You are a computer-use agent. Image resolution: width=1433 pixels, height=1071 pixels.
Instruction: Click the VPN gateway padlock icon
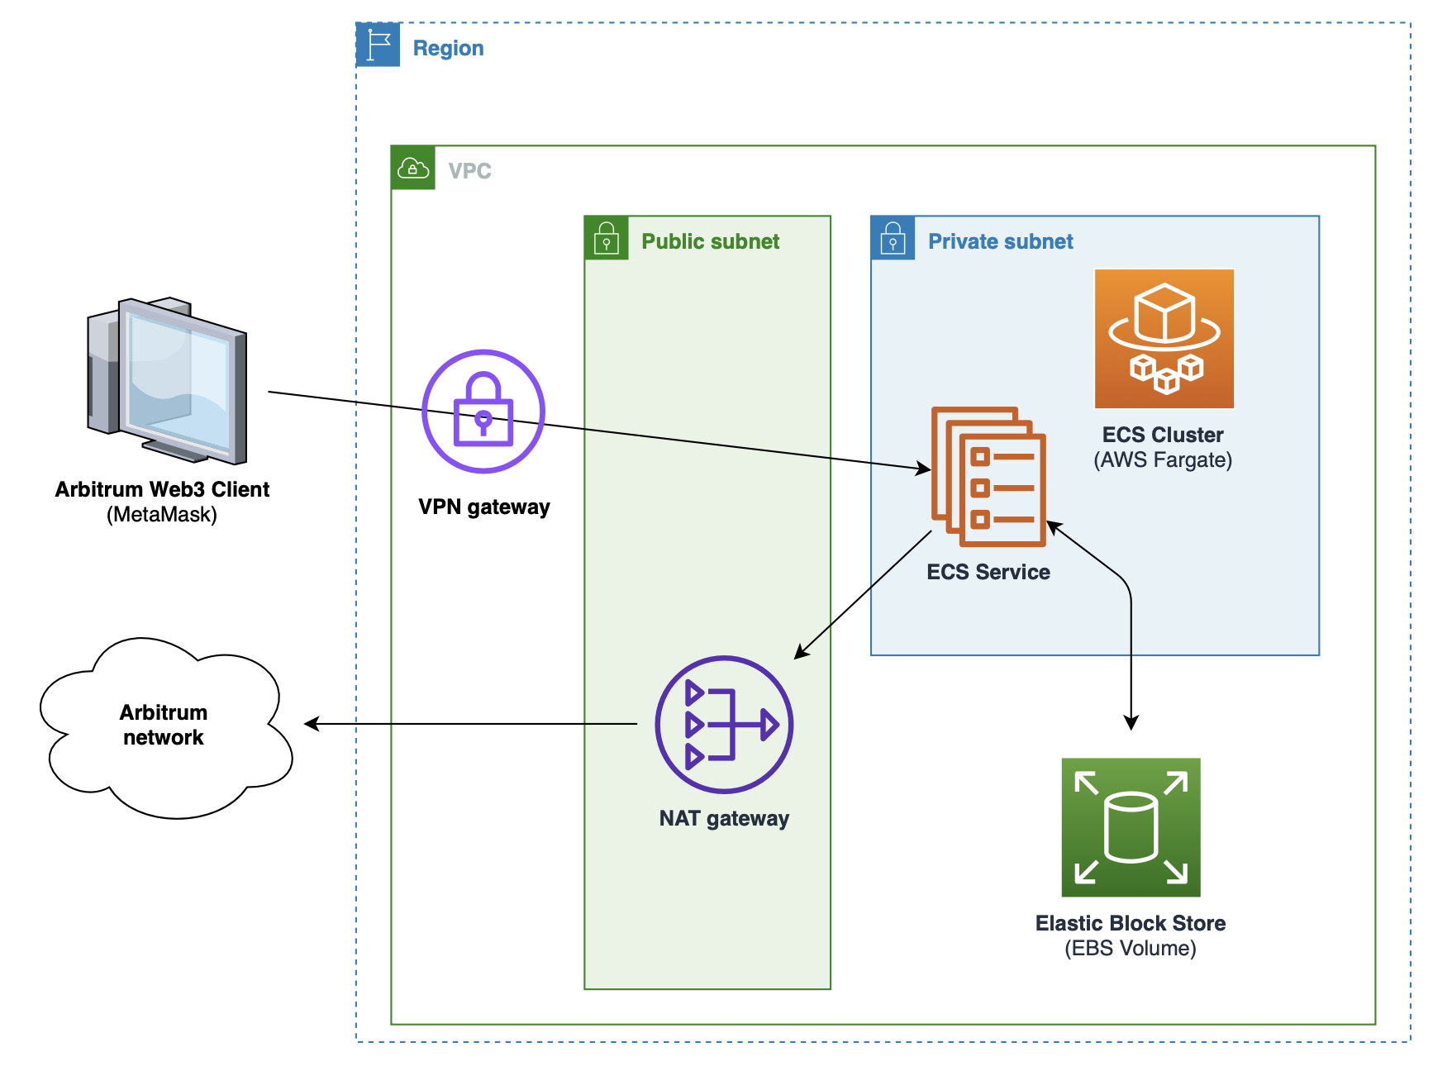tap(483, 411)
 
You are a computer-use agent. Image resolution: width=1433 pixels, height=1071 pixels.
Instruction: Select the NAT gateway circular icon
tap(724, 725)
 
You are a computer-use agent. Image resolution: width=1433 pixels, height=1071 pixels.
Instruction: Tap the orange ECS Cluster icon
tap(1164, 339)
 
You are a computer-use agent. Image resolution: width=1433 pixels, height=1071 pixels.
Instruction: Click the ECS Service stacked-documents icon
tap(988, 477)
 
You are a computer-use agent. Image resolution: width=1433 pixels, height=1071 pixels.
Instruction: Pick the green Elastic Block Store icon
tap(1131, 827)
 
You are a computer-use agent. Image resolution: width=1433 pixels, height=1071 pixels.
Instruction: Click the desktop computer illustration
tap(168, 380)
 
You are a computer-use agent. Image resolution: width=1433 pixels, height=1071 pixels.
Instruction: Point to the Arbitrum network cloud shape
tap(165, 727)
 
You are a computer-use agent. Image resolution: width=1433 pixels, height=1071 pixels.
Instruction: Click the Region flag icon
tap(378, 45)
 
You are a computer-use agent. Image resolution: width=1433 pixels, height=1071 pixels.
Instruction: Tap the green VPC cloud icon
tap(413, 168)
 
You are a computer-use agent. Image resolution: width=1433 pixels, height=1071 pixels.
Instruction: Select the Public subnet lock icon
tap(607, 238)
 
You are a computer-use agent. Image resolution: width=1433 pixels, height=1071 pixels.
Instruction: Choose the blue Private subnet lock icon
tap(893, 238)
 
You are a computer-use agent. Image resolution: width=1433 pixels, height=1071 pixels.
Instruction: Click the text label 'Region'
tap(448, 48)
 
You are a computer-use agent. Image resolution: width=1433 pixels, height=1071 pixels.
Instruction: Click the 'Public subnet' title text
tap(710, 241)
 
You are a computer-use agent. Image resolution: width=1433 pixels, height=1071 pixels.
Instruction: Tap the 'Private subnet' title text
tap(1000, 241)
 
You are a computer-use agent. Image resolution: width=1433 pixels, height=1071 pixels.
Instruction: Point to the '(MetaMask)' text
tap(162, 515)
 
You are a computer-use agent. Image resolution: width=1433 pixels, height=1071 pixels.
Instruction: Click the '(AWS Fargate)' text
tap(1163, 460)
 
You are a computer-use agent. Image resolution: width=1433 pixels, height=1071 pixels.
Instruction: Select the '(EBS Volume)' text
tap(1130, 948)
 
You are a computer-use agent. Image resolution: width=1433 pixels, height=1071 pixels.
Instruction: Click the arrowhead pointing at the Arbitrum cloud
tap(312, 724)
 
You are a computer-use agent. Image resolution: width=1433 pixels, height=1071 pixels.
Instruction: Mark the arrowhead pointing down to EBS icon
tap(1131, 722)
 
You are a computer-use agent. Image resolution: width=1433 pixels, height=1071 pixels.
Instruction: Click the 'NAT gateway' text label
tap(724, 818)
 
